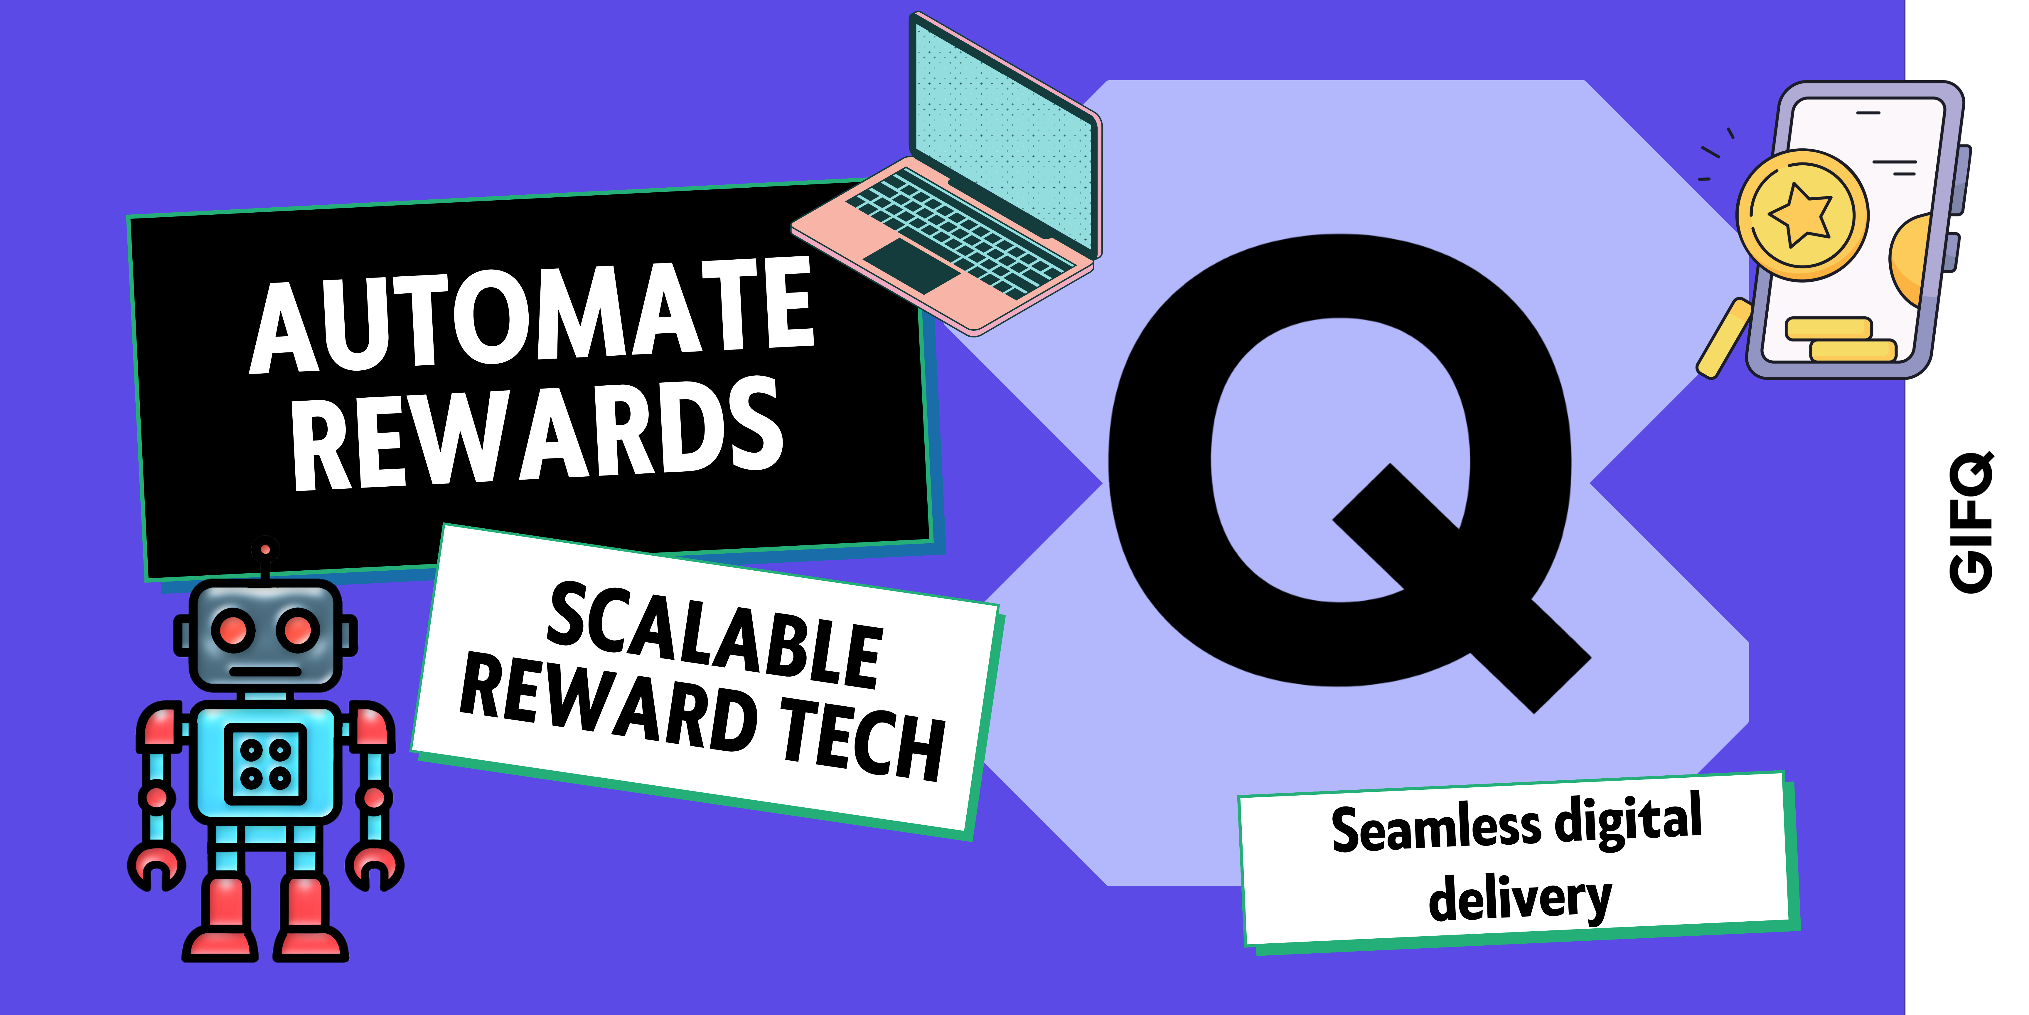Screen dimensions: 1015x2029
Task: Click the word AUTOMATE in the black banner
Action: [532, 315]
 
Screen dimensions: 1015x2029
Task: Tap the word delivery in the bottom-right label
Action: [1520, 898]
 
